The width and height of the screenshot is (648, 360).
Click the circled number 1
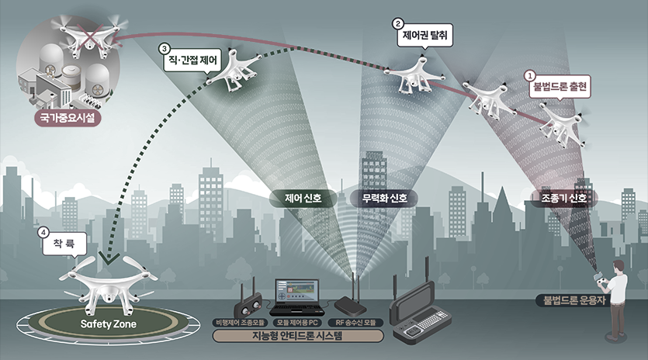531,76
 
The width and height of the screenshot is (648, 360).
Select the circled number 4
44,232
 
